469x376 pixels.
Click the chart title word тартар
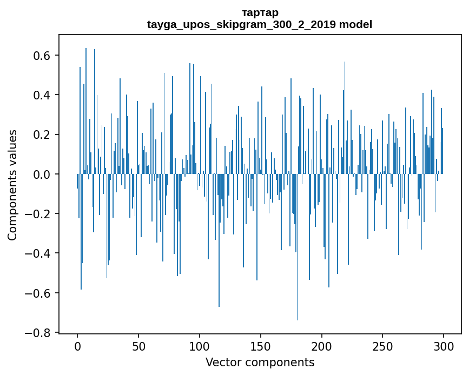click(x=260, y=12)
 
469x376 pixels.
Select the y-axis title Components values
click(x=12, y=185)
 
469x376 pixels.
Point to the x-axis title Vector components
click(x=260, y=362)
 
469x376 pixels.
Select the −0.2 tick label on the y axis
click(x=38, y=214)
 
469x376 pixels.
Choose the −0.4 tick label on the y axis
click(x=38, y=253)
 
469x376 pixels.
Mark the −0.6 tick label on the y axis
click(x=38, y=293)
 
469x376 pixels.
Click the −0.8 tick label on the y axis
click(x=38, y=333)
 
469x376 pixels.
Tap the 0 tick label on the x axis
click(x=77, y=346)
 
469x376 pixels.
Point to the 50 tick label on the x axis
click(x=138, y=346)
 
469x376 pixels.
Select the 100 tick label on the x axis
click(x=200, y=346)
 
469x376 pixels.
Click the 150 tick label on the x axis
click(x=261, y=346)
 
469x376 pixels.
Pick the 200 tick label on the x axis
click(x=322, y=346)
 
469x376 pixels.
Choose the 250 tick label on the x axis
click(x=383, y=346)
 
